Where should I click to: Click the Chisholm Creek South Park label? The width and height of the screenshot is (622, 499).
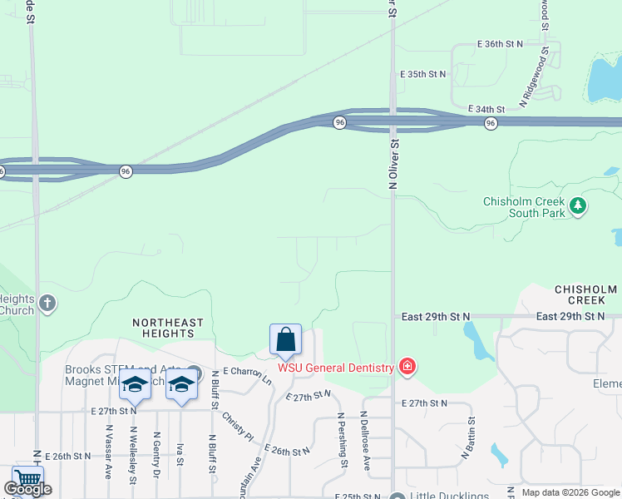pyautogui.click(x=524, y=207)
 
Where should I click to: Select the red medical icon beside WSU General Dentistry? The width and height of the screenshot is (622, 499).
pyautogui.click(x=407, y=366)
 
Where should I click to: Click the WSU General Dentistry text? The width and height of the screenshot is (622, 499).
pyautogui.click(x=336, y=368)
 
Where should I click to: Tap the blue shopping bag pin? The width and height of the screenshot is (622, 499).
pyautogui.click(x=285, y=340)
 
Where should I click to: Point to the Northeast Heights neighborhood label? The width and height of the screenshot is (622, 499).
pyautogui.click(x=168, y=328)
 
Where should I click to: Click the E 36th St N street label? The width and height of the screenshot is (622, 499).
pyautogui.click(x=502, y=43)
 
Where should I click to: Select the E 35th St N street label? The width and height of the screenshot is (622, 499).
pyautogui.click(x=422, y=74)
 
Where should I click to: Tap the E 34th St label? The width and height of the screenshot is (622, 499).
pyautogui.click(x=486, y=109)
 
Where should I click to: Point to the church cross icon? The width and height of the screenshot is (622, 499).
pyautogui.click(x=47, y=303)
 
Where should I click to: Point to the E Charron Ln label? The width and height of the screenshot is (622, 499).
pyautogui.click(x=247, y=376)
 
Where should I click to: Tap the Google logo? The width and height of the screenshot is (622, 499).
pyautogui.click(x=27, y=489)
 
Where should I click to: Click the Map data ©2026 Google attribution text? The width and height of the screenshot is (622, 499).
pyautogui.click(x=570, y=492)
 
